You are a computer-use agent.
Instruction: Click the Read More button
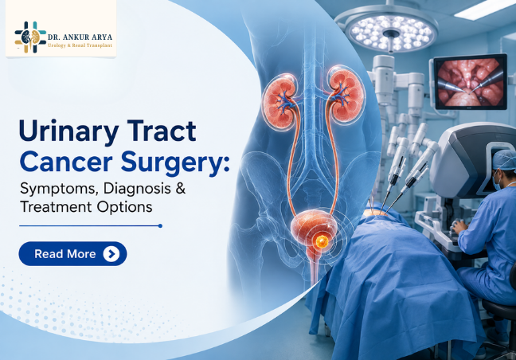coord(72,254)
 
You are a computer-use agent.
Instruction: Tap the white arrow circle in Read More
coord(111,254)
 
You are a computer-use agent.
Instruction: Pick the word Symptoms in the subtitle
coord(59,189)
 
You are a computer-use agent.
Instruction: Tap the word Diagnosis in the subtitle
coord(137,189)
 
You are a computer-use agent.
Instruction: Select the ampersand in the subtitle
coord(181,189)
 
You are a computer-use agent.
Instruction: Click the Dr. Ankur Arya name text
coord(80,37)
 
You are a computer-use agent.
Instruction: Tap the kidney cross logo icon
coord(30,37)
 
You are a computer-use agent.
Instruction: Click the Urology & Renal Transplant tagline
coord(80,45)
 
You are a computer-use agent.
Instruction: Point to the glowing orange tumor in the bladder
coord(321,241)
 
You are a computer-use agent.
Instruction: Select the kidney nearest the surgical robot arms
coord(346,95)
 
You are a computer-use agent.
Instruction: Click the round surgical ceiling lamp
coord(391,32)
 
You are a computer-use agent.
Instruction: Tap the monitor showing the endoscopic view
coord(471,81)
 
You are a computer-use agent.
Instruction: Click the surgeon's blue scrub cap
coord(504,159)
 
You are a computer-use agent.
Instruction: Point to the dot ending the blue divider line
coord(160,225)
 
